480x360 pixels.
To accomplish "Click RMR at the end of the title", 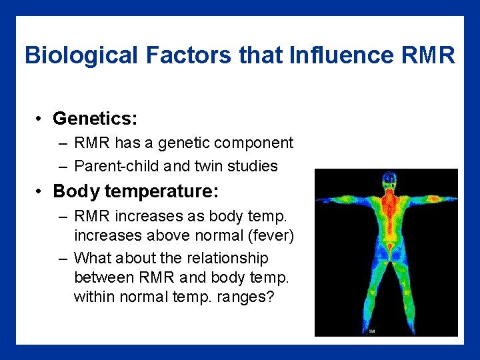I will pyautogui.click(x=429, y=55).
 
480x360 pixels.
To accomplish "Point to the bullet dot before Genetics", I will pyautogui.click(x=41, y=119).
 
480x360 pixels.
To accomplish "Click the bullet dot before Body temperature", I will pyautogui.click(x=41, y=192).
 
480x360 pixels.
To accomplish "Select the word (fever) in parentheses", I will pyautogui.click(x=271, y=235).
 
